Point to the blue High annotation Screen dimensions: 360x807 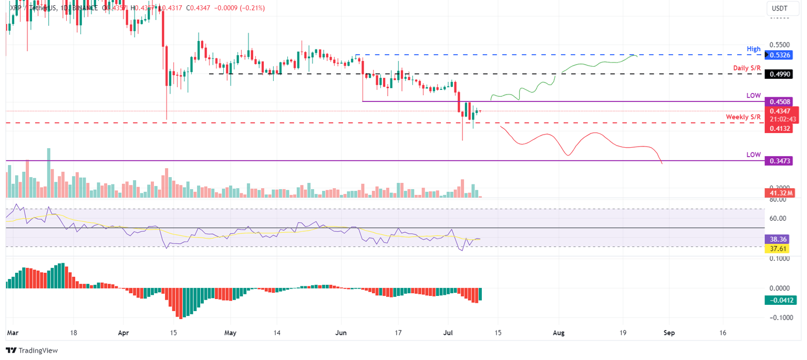click(x=753, y=49)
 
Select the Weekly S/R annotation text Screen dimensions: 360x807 click(x=743, y=117)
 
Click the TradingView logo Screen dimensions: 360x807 click(x=32, y=350)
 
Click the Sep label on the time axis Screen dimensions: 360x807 click(x=668, y=333)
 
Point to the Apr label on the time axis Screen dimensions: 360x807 click(x=123, y=333)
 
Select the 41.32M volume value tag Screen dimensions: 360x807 click(x=780, y=193)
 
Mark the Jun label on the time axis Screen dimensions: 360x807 click(x=341, y=333)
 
